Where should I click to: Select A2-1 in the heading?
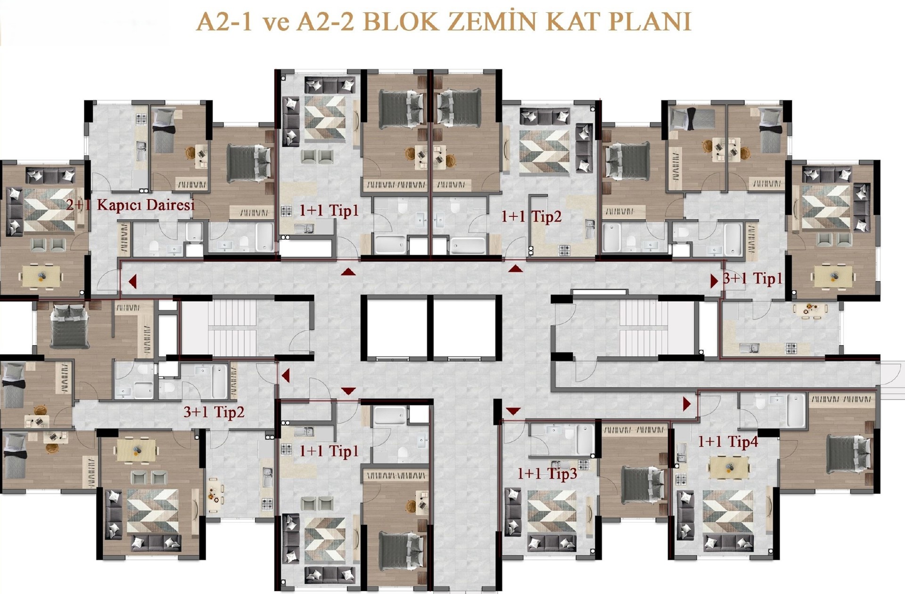click(x=226, y=22)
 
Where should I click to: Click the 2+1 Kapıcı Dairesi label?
click(x=131, y=205)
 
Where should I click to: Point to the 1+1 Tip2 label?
click(x=531, y=216)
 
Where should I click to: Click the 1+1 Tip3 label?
click(x=547, y=473)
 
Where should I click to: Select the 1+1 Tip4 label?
click(x=728, y=441)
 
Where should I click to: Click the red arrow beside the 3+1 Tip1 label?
click(x=714, y=281)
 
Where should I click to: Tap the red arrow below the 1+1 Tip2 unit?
click(x=516, y=269)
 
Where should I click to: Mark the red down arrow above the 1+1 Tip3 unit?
click(x=513, y=411)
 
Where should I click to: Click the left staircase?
click(x=232, y=328)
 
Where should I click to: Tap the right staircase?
click(x=644, y=328)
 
